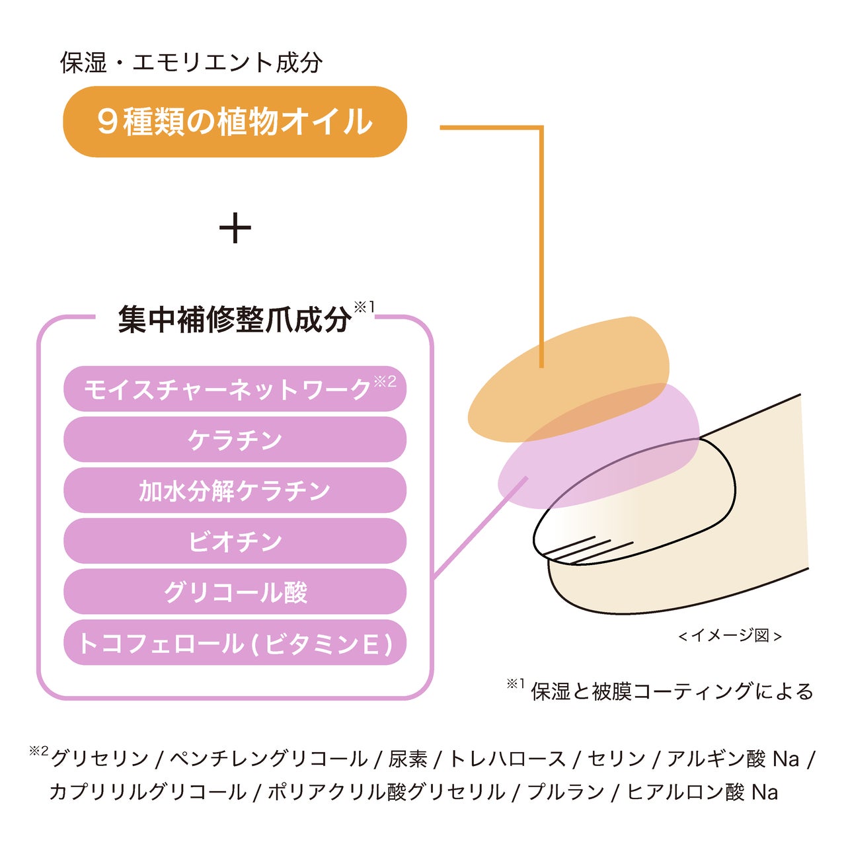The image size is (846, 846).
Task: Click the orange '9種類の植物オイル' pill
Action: coord(235,122)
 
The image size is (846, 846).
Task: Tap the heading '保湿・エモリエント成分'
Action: coord(191,63)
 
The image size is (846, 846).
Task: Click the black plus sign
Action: coord(235,228)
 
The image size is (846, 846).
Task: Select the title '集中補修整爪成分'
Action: coord(235,320)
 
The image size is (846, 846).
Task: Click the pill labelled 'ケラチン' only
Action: coord(235,440)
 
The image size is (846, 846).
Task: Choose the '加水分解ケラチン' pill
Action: coord(235,490)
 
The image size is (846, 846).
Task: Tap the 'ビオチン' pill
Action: coord(235,541)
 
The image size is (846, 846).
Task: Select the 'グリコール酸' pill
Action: coord(235,592)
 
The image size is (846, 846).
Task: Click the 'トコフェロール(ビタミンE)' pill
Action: coord(235,643)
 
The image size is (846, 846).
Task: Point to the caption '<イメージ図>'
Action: coord(730,636)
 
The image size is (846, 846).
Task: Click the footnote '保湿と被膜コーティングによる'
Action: coord(672,691)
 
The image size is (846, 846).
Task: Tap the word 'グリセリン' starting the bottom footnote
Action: coord(100,759)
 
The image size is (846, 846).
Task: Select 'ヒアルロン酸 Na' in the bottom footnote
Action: coord(702,792)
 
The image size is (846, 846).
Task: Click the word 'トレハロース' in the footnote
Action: coord(507,759)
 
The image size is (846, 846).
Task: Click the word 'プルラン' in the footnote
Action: coord(566,792)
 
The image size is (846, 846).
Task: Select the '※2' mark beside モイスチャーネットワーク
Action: coord(385,381)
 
